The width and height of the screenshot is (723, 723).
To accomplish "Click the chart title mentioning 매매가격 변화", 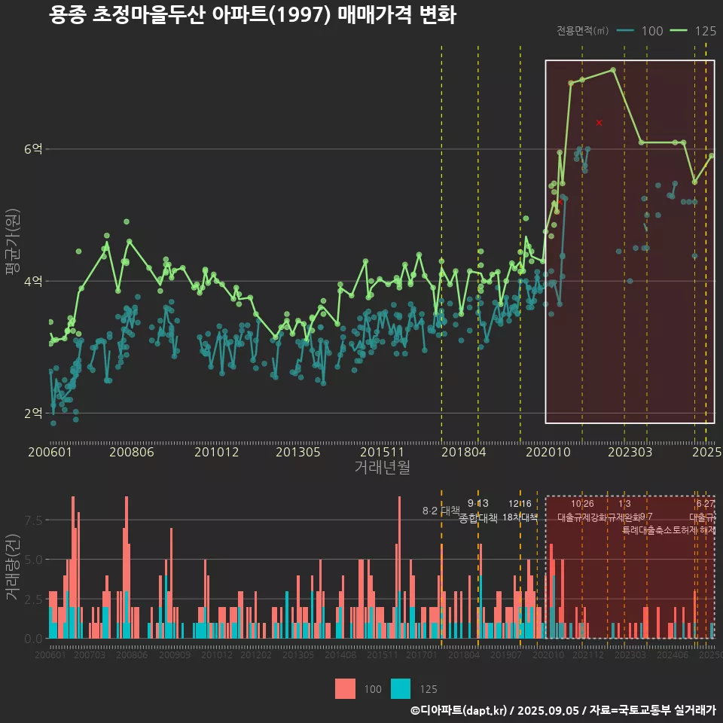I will pos(252,16).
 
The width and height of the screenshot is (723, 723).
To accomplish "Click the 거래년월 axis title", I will pos(382,467).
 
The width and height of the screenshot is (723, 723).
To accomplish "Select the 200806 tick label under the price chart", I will pos(131,452).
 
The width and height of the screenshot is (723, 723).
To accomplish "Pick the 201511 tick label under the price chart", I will pos(382,452).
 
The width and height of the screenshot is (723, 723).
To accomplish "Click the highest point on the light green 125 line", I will pos(613,69).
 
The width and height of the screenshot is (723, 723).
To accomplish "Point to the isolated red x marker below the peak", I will pos(599,122).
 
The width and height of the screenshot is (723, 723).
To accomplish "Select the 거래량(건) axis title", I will pos(12,567).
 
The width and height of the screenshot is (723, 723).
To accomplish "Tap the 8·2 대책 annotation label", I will pos(441,511).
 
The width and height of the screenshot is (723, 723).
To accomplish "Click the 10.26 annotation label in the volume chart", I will pos(582,504).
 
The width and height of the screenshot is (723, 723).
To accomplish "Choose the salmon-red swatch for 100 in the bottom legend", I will pos(345,688).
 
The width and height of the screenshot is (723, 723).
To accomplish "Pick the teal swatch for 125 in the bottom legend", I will pos(401,688).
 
